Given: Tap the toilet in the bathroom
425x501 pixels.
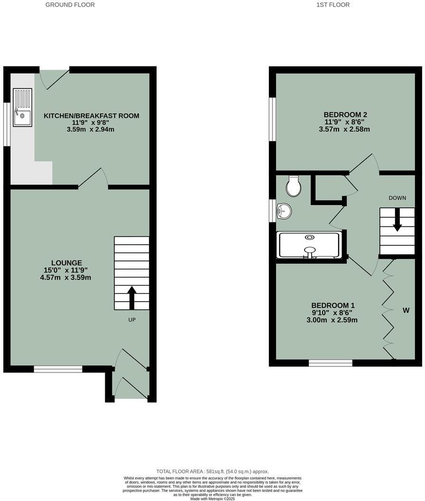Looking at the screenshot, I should coord(294,186).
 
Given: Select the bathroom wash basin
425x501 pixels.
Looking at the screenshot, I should coord(284,211).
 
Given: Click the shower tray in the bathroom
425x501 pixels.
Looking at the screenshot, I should coord(309,245).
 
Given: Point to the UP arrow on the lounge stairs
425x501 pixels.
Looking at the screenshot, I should coord(131,297).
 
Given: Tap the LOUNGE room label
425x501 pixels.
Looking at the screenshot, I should coord(66,262).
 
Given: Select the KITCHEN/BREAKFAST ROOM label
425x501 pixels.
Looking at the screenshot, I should coord(92,116).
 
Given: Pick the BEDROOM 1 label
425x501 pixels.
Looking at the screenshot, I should coord(333,306).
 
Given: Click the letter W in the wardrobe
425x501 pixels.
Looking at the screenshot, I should coord(406,311).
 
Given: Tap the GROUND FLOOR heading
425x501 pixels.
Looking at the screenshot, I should coord(70,5).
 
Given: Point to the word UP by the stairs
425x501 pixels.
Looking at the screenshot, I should coord(132,320).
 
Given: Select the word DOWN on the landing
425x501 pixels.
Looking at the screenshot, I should coord(397,198).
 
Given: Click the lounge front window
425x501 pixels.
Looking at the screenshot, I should coord(58,369).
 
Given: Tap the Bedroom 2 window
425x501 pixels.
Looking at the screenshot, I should coord(272,119).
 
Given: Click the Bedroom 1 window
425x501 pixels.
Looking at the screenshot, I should coord(330,363).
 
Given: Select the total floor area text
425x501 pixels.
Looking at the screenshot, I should coord(212,471).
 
